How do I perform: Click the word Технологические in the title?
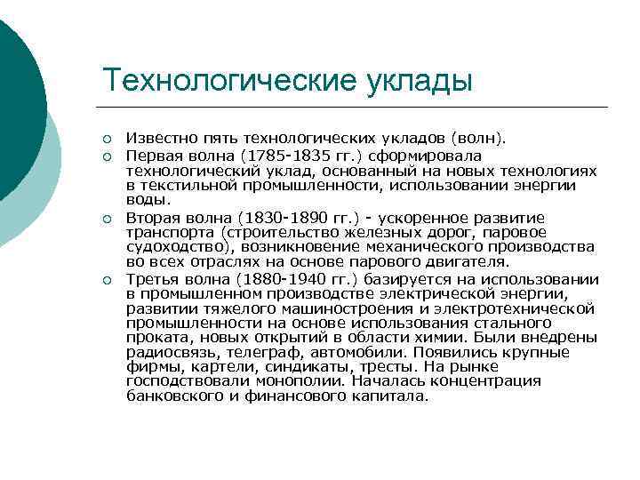pos(228,80)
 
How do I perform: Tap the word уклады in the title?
pos(419,80)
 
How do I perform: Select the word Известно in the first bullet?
pos(156,139)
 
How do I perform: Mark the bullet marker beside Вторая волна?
pos(107,219)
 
